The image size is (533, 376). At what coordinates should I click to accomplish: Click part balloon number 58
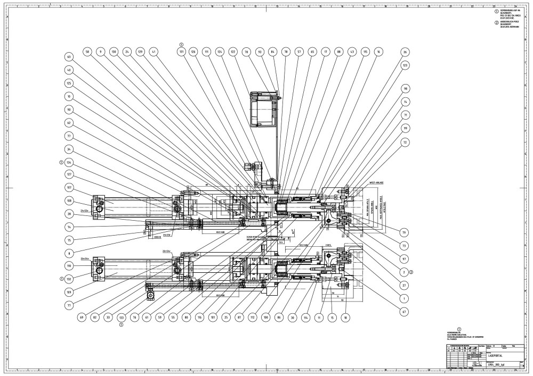coord(87,52)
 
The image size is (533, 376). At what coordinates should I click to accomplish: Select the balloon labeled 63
coord(69,57)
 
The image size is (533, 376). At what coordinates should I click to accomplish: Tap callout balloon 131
coord(181,52)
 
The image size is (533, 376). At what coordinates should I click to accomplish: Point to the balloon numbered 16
coord(378,52)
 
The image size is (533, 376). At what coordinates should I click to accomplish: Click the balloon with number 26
coord(405,52)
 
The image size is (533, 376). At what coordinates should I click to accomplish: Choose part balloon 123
coord(405,65)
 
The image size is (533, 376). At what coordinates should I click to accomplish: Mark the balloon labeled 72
coord(405,143)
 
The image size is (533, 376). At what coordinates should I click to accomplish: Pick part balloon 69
coord(82,317)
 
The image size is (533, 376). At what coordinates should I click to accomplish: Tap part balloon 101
coord(213,317)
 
